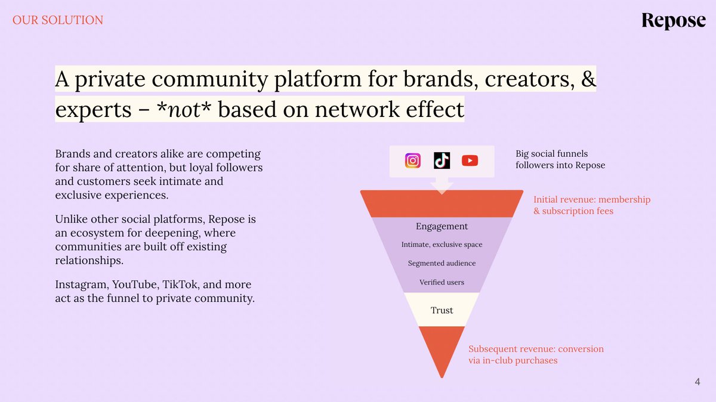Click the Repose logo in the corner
[x=673, y=21]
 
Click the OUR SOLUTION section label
[x=58, y=20]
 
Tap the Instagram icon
[x=413, y=161]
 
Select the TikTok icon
[x=442, y=161]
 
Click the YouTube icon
[x=470, y=161]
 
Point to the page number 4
[x=698, y=382]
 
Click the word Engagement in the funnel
[x=442, y=227]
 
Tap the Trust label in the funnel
[x=442, y=310]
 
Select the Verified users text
[x=442, y=282]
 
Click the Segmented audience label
[x=442, y=263]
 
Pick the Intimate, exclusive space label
[x=442, y=245]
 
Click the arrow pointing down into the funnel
[x=442, y=187]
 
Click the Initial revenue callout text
[x=591, y=205]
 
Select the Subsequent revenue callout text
[x=535, y=354]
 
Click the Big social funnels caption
[x=560, y=159]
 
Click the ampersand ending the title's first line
[x=588, y=79]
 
